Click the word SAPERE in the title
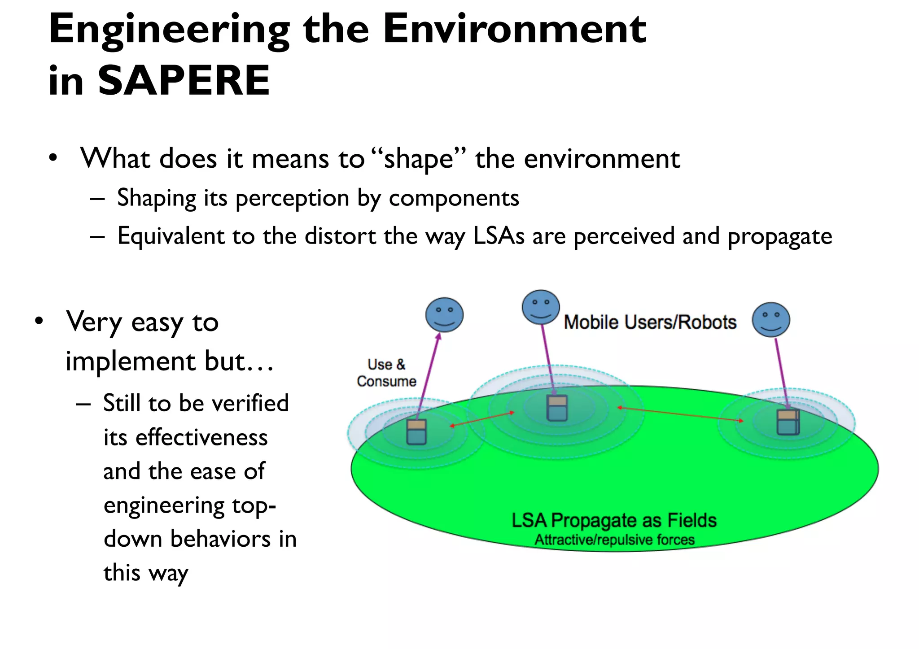click(x=184, y=81)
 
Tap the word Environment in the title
click(x=514, y=29)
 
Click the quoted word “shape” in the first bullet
click(x=419, y=159)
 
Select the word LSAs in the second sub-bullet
click(x=499, y=236)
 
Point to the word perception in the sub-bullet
click(x=292, y=198)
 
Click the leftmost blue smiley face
click(x=444, y=315)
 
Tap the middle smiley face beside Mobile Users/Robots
click(x=541, y=307)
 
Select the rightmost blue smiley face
click(x=771, y=319)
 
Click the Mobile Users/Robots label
click(x=650, y=322)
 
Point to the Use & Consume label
click(x=386, y=373)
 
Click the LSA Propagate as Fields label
click(x=614, y=521)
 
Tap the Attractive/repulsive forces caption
click(x=614, y=540)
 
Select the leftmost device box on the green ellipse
click(x=416, y=432)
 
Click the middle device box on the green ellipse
click(x=557, y=408)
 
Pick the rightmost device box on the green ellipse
click(x=788, y=422)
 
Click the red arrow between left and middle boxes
click(x=482, y=419)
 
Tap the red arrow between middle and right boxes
click(x=680, y=414)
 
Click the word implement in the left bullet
click(x=131, y=362)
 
